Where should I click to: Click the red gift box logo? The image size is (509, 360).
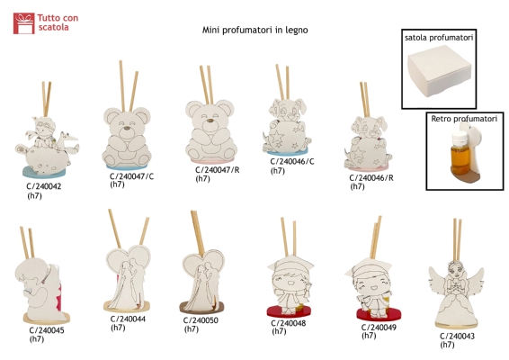[23, 23]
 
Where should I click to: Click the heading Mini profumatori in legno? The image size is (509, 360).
[254, 30]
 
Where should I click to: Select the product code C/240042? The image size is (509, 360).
[44, 186]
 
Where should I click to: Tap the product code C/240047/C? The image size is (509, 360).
[132, 176]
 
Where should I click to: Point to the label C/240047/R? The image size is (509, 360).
[217, 170]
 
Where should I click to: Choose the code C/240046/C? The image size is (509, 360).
[292, 161]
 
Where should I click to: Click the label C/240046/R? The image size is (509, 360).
[371, 178]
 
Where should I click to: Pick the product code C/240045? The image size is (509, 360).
[47, 330]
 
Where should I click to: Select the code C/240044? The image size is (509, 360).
[128, 319]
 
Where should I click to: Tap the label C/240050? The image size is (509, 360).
[201, 320]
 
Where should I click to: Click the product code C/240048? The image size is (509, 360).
[289, 323]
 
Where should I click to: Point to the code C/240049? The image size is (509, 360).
[379, 328]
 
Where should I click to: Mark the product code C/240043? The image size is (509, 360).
[458, 337]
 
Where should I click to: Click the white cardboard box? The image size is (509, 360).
[439, 70]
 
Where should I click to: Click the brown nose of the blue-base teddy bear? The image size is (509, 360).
[128, 128]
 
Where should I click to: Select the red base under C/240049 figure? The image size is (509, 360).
[379, 314]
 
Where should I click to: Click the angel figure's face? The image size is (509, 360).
[455, 270]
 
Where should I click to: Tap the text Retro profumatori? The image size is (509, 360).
[464, 119]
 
